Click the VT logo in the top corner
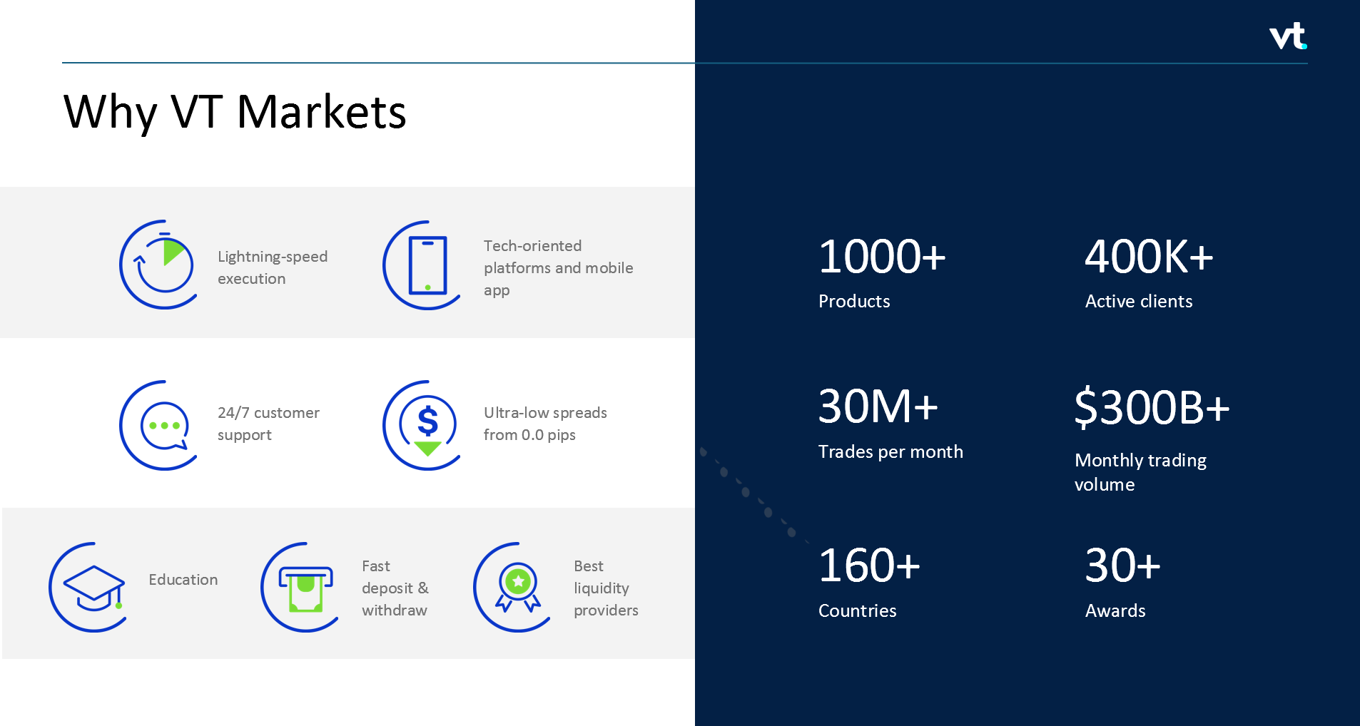tap(1287, 36)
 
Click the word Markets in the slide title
tap(321, 112)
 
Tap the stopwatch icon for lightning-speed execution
tap(158, 265)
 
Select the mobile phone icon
tap(427, 265)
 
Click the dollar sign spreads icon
tap(427, 425)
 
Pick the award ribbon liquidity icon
tap(517, 587)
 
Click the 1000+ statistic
tap(881, 257)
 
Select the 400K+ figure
tap(1148, 257)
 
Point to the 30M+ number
tap(877, 407)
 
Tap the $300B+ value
tap(1152, 407)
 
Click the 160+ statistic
tap(868, 566)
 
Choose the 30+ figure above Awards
tap(1122, 566)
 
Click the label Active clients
tap(1138, 302)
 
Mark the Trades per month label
tap(890, 452)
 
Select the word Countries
tap(857, 611)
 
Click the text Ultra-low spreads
tap(545, 413)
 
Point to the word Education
tap(183, 580)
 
